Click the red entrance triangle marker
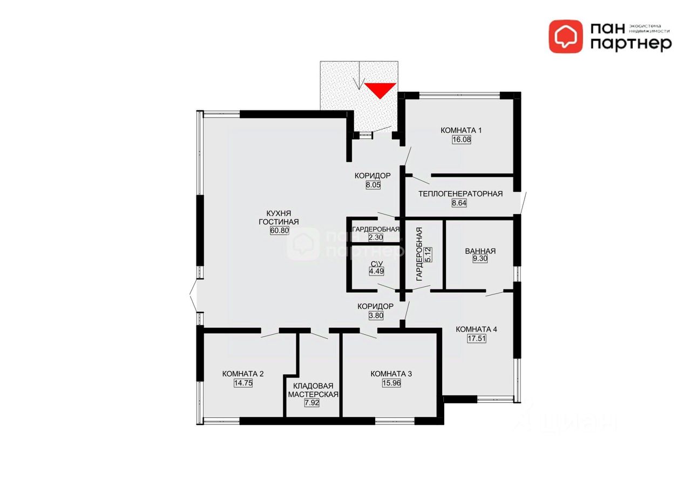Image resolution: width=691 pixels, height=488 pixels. pyautogui.click(x=380, y=90)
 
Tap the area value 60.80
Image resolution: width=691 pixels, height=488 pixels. pyautogui.click(x=280, y=230)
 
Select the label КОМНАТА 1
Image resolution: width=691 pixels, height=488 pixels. pyautogui.click(x=461, y=130)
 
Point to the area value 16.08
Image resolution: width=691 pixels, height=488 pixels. pyautogui.click(x=462, y=140)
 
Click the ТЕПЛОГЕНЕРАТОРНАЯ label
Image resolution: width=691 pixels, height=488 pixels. pyautogui.click(x=460, y=194)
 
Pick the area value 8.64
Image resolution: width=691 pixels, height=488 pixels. pyautogui.click(x=459, y=203)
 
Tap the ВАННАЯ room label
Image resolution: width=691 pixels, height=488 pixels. pyautogui.click(x=480, y=251)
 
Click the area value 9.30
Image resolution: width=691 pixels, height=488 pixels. pyautogui.click(x=480, y=258)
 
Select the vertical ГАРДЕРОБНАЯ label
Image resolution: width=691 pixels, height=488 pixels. pyautogui.click(x=419, y=254)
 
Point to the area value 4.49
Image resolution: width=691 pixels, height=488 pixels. pyautogui.click(x=376, y=271)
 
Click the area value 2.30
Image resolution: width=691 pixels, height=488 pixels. pyautogui.click(x=376, y=238)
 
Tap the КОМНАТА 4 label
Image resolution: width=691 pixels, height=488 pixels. pyautogui.click(x=476, y=329)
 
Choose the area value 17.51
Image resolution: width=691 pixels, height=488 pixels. pyautogui.click(x=477, y=339)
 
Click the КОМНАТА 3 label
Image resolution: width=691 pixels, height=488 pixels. pyautogui.click(x=391, y=374)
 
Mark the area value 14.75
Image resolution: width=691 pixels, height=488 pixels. pyautogui.click(x=243, y=383)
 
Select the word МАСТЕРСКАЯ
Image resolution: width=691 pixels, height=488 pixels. pyautogui.click(x=313, y=395)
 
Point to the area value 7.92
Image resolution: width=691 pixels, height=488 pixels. pyautogui.click(x=311, y=403)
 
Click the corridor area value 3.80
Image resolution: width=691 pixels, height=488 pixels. pyautogui.click(x=376, y=316)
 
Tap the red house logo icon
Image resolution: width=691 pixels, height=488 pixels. pyautogui.click(x=566, y=37)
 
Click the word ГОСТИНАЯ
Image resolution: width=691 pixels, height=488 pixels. pyautogui.click(x=279, y=222)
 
